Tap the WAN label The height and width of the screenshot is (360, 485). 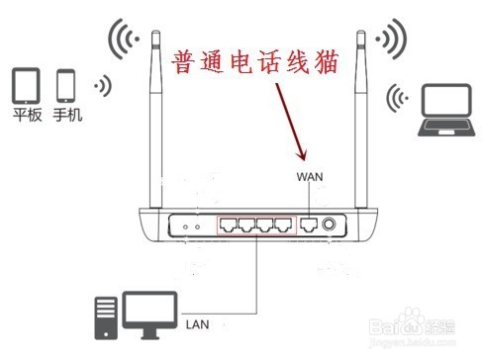coord(310,176)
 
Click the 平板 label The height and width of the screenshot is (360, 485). coord(27,116)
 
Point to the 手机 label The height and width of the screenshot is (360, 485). coord(67,116)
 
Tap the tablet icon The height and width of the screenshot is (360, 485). coord(27,86)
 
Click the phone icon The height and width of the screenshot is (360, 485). coord(67,86)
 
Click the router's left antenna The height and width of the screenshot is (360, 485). coord(154,119)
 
